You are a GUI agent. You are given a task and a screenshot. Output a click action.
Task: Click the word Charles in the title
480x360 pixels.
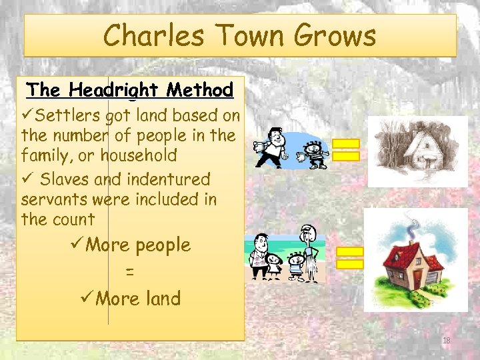(x=148, y=36)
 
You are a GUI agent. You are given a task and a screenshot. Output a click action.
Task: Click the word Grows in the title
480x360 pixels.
(x=337, y=36)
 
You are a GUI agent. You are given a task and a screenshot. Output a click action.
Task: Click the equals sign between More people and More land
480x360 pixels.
(x=130, y=273)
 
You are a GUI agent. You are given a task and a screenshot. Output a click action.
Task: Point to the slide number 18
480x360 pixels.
(x=447, y=341)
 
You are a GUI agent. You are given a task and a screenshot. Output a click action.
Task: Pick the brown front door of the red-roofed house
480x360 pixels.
(x=417, y=279)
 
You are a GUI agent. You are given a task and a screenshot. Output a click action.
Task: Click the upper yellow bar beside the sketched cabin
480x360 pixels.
(x=347, y=143)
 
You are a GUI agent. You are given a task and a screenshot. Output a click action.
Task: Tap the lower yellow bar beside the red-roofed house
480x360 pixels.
(x=349, y=264)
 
